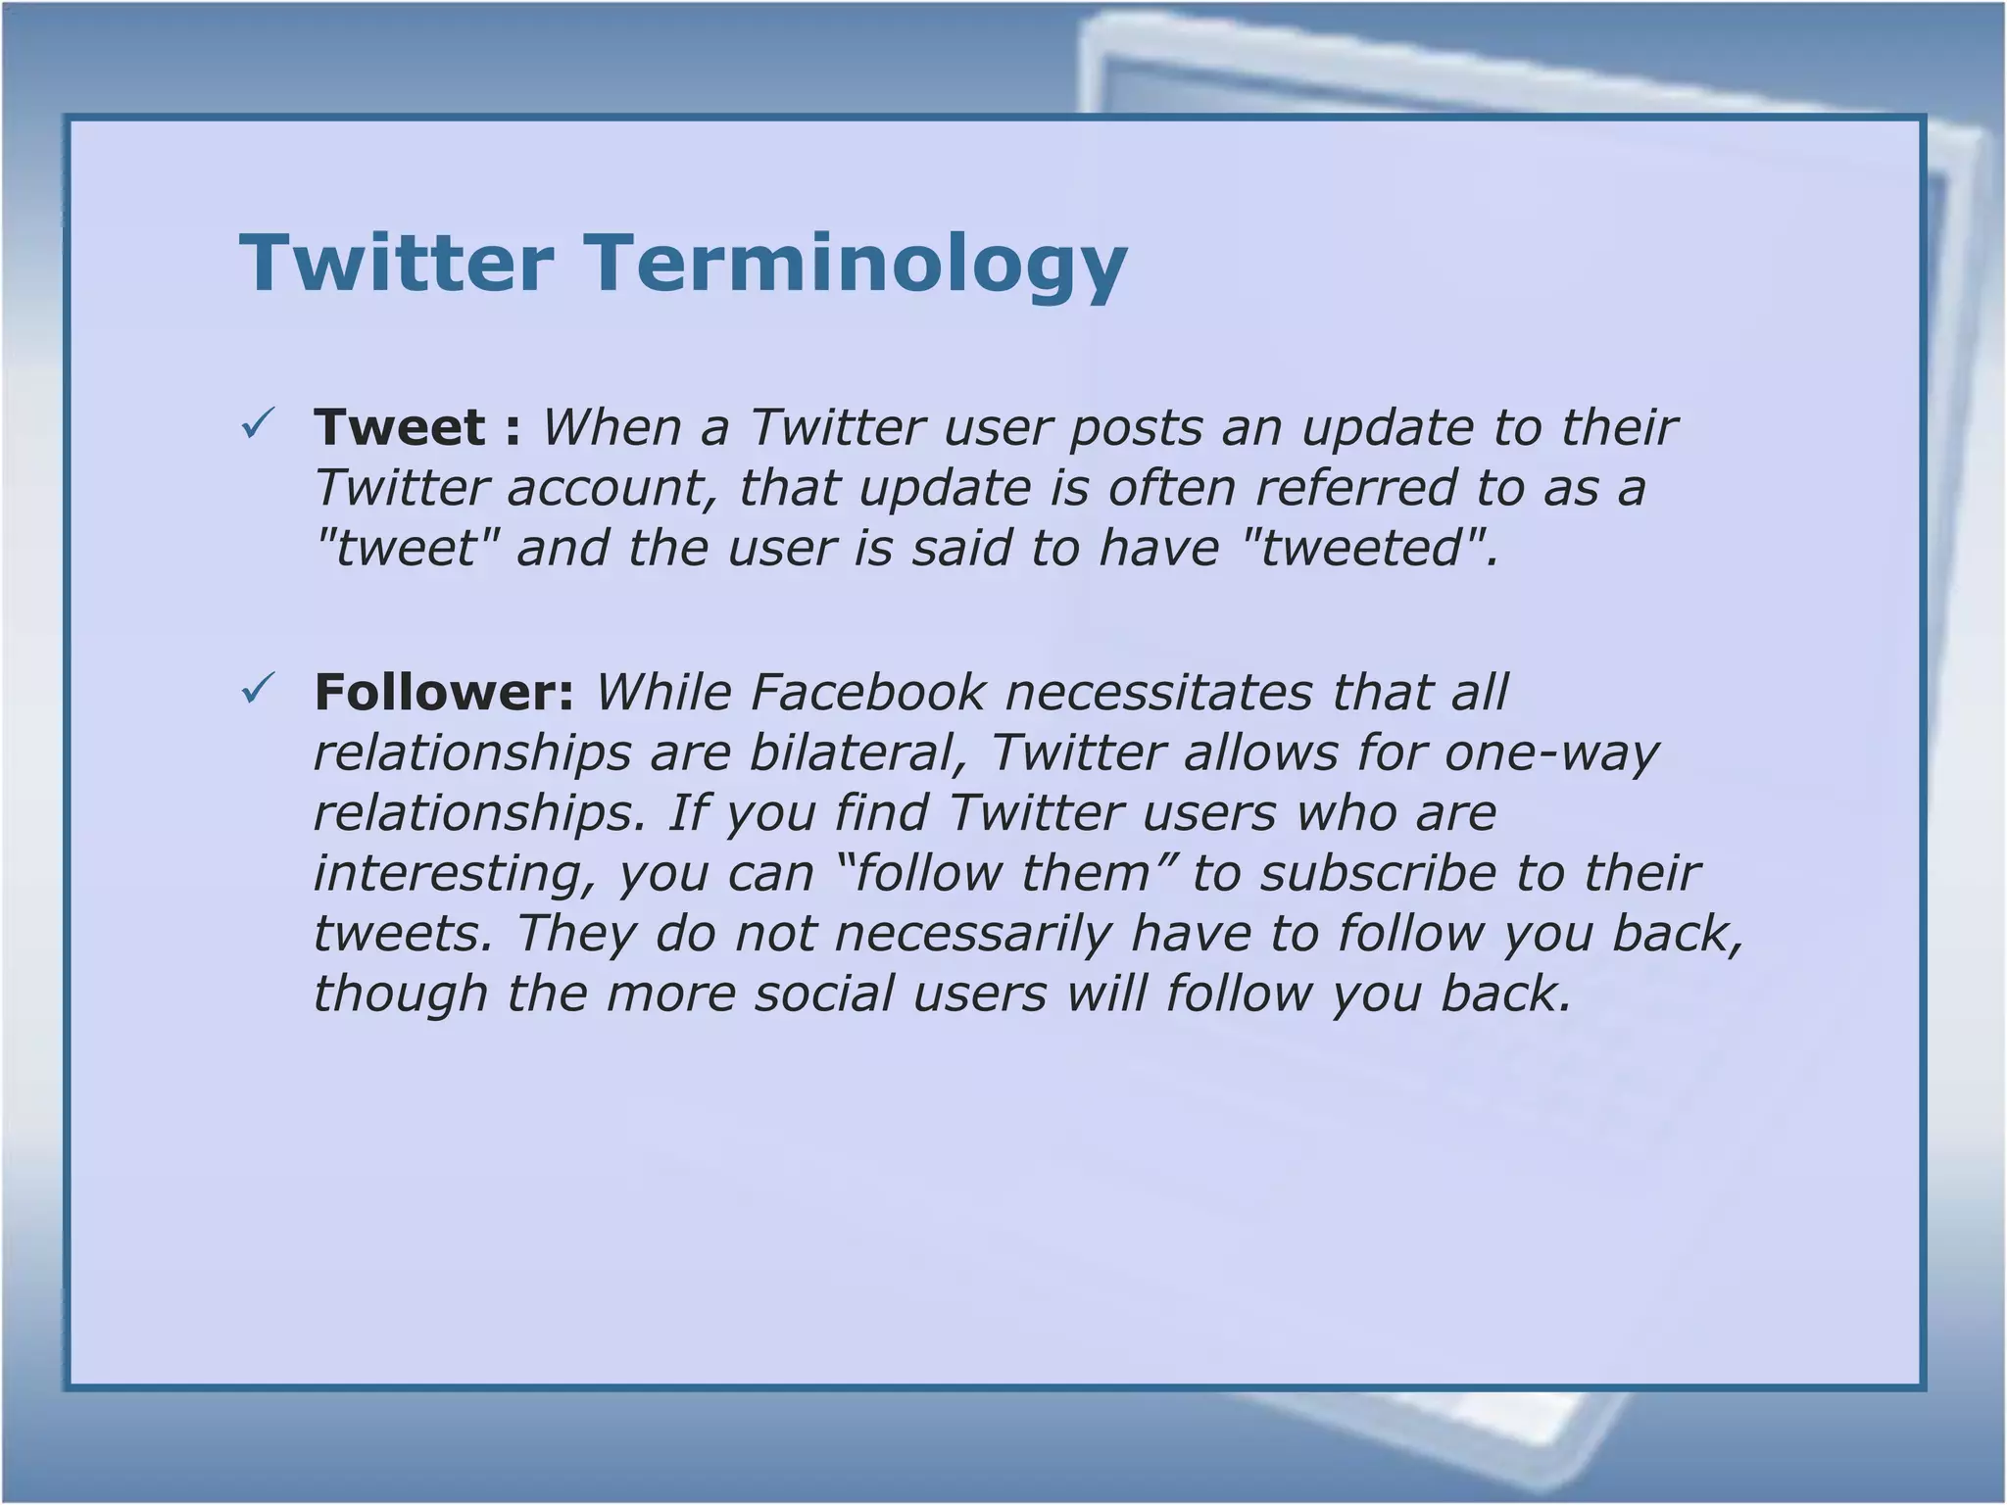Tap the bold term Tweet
[400, 427]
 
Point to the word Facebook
[867, 692]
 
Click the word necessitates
[1157, 692]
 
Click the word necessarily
[973, 933]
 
